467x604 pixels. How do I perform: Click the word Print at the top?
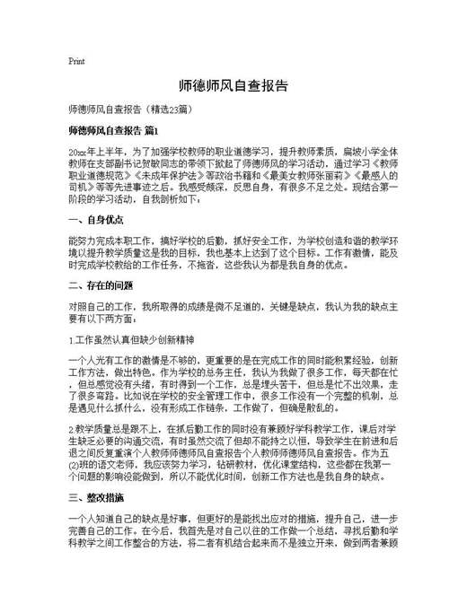pos(76,61)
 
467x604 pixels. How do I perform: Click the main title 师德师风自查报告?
pos(233,86)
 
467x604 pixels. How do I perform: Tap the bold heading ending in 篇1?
pos(113,131)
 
